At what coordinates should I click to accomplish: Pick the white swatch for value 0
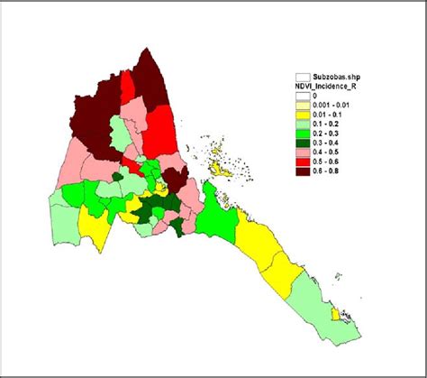[x=303, y=95]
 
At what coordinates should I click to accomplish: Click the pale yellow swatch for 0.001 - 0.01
[x=303, y=105]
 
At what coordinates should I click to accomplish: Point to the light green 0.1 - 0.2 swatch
[x=303, y=124]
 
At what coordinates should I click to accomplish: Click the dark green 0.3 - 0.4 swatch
[x=303, y=143]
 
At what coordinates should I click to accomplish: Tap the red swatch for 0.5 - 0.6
[x=303, y=161]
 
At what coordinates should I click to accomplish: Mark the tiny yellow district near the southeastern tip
[x=337, y=314]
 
